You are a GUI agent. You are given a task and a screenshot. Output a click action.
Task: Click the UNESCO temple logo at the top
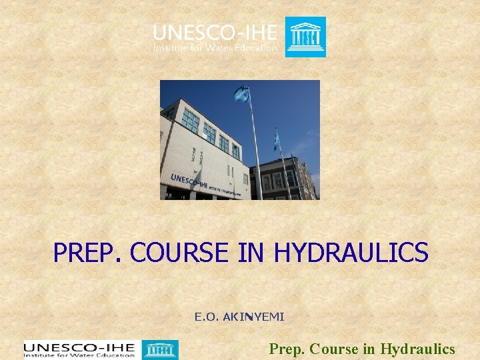coord(305,37)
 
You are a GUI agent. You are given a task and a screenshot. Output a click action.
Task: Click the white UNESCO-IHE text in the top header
coord(215,33)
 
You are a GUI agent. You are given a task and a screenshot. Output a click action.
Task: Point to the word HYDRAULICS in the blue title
coord(351,253)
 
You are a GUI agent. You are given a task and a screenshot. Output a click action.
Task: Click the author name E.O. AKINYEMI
coord(239,317)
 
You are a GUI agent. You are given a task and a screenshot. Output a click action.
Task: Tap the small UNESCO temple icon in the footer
coord(160,350)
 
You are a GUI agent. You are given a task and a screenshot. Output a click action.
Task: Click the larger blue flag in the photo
coord(241,94)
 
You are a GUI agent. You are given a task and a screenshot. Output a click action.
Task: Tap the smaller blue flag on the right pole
coord(276,139)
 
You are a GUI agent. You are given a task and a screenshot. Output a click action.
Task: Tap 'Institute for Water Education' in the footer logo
coord(79,355)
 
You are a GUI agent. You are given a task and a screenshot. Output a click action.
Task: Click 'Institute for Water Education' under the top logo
coord(215,47)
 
